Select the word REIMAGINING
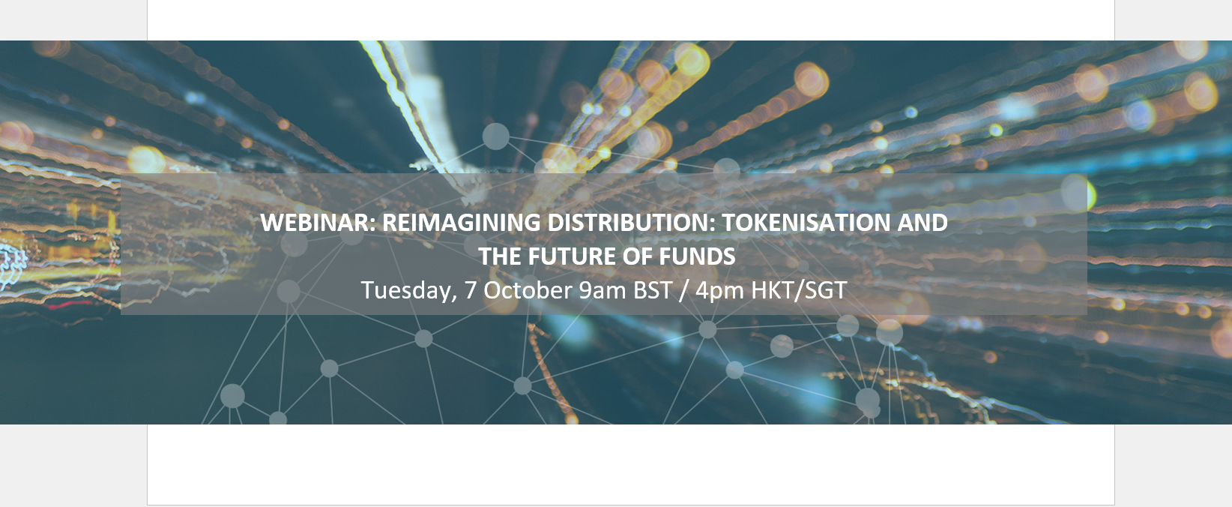click(x=462, y=223)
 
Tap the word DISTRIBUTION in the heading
click(x=626, y=223)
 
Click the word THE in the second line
click(x=499, y=256)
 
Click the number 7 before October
click(x=471, y=290)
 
